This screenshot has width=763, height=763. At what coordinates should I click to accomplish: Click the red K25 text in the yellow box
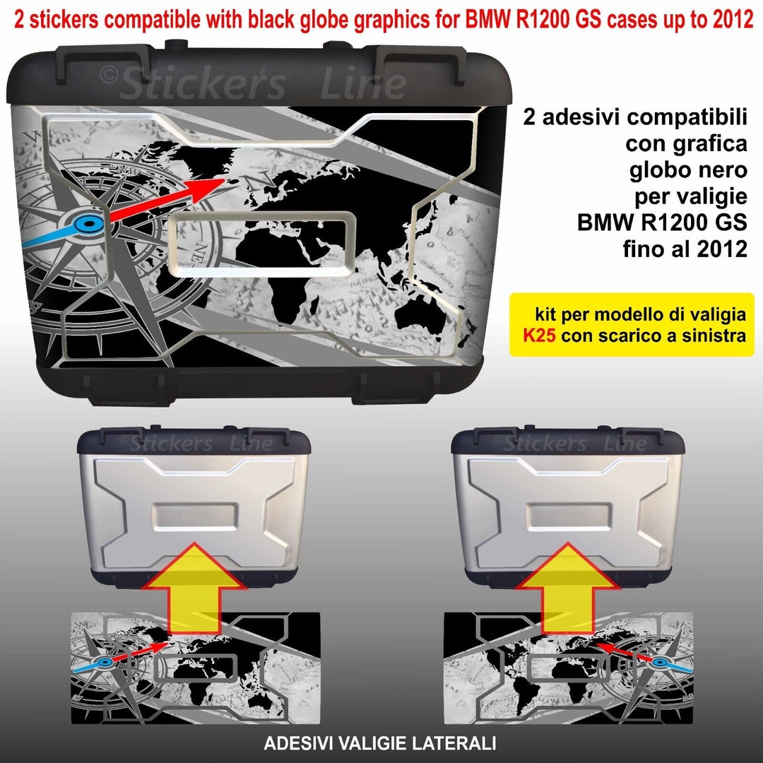[538, 337]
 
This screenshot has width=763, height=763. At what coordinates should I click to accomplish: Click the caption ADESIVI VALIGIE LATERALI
[379, 743]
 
